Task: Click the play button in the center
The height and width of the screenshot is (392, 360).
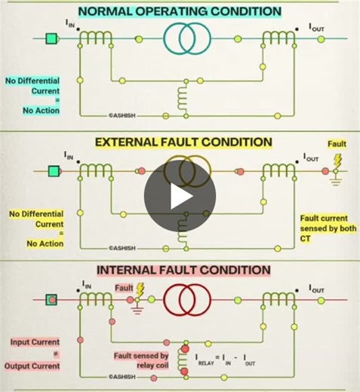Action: tap(180, 196)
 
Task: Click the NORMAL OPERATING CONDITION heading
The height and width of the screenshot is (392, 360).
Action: tap(180, 11)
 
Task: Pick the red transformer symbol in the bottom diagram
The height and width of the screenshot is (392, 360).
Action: tap(185, 299)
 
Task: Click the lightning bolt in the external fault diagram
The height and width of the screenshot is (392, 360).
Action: tap(337, 162)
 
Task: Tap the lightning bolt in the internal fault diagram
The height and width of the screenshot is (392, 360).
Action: tap(140, 289)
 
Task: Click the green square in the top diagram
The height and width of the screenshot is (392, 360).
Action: tap(52, 38)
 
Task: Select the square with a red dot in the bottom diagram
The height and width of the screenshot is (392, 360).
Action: tap(52, 299)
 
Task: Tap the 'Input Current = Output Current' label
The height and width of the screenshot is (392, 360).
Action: tap(35, 354)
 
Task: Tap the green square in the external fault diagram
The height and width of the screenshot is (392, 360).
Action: tap(52, 171)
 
